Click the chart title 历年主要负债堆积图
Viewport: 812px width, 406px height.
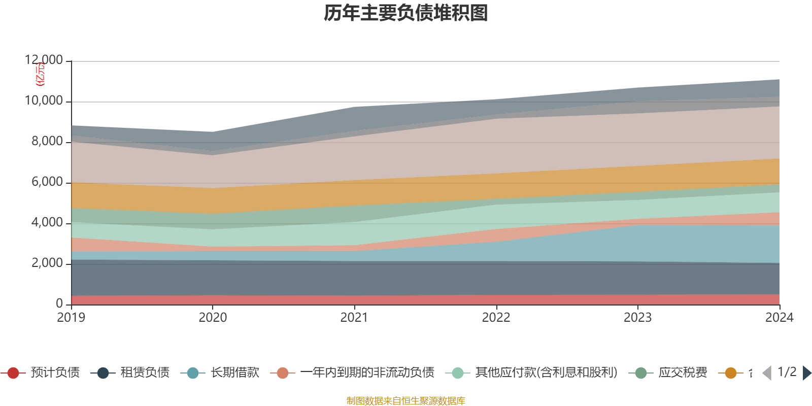pos(406,13)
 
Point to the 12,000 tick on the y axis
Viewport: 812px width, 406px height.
pos(44,60)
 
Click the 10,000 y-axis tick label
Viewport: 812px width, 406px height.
pos(44,101)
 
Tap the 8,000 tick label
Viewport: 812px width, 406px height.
pos(47,142)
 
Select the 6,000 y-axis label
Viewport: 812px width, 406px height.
pos(47,182)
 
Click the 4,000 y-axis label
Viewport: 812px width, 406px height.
pos(47,223)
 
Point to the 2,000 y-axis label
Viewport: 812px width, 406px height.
pos(47,263)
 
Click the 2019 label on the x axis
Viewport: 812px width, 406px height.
pos(71,318)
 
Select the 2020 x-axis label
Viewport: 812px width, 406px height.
pos(213,318)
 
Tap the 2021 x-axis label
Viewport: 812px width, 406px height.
pos(354,318)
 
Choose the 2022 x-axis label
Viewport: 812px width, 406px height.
pos(496,318)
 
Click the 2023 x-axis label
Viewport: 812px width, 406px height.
pos(637,318)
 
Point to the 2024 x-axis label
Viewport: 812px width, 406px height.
pos(779,318)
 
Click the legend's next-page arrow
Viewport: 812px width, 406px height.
pos(807,373)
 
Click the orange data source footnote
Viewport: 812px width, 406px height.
pos(406,401)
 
